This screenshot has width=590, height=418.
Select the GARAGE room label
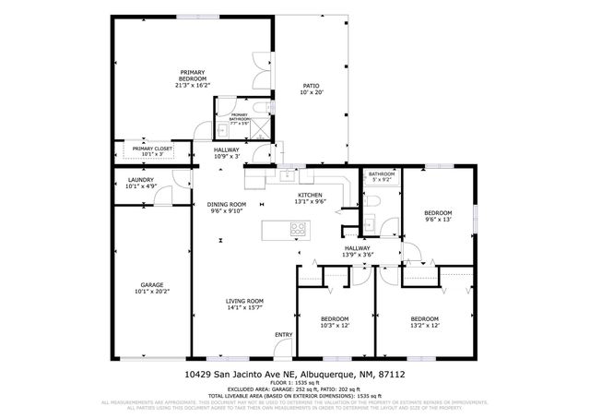tap(152, 285)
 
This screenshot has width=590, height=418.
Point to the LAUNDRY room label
tap(140, 180)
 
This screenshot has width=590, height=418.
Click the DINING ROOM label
tap(226, 204)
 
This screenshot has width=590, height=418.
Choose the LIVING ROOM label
tap(245, 301)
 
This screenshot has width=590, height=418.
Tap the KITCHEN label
tap(309, 195)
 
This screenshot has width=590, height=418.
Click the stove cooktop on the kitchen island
tap(299, 228)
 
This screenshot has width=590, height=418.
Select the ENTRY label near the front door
tap(283, 334)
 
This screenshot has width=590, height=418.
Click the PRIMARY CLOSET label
tap(152, 149)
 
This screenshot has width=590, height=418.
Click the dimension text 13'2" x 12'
tap(425, 326)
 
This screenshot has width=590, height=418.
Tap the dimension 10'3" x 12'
tap(335, 326)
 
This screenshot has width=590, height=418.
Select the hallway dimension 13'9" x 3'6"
tap(358, 254)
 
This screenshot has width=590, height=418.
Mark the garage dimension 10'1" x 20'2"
tap(152, 292)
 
